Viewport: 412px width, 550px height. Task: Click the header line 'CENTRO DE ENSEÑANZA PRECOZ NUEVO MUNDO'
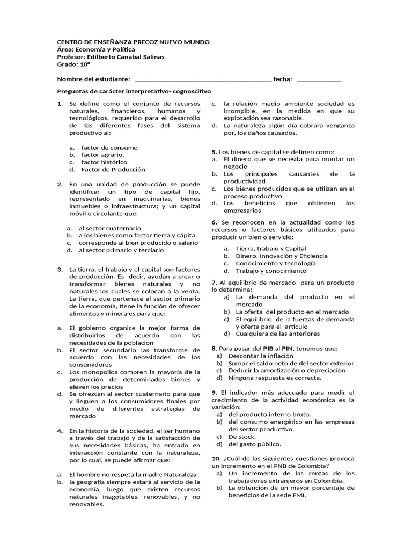click(133, 42)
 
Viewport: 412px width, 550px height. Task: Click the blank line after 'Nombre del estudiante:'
click(203, 79)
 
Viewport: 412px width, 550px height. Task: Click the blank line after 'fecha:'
click(319, 79)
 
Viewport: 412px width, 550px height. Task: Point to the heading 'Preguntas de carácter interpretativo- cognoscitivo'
click(134, 92)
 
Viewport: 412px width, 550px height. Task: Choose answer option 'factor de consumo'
click(109, 147)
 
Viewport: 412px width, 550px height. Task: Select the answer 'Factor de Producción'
click(113, 169)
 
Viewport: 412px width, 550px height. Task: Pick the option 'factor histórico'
click(104, 162)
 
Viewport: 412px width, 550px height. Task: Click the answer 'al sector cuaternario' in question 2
click(110, 228)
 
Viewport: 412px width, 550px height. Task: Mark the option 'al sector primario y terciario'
click(121, 250)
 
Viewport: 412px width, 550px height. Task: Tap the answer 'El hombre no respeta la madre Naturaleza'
click(133, 474)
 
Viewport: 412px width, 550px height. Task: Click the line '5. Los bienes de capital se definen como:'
click(273, 152)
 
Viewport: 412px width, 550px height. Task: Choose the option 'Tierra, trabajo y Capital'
click(271, 248)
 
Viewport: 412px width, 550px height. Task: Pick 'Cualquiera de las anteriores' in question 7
click(278, 333)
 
